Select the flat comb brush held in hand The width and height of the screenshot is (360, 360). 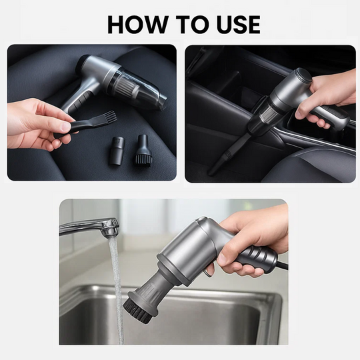(x=93, y=123)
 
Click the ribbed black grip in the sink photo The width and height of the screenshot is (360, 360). (x=257, y=256)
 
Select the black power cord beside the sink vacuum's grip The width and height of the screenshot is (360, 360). (x=282, y=265)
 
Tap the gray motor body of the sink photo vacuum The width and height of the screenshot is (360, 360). (x=187, y=250)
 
